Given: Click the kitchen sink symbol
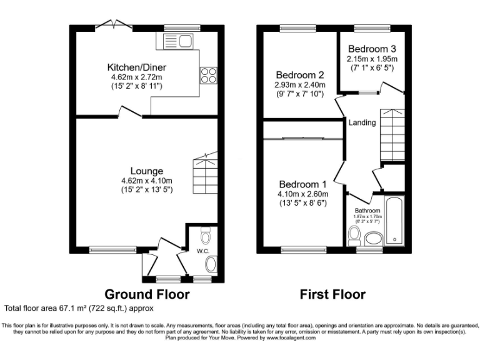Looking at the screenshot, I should (x=177, y=41).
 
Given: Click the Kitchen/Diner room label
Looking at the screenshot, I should (x=136, y=67).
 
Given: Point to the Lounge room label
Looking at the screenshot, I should (x=147, y=171).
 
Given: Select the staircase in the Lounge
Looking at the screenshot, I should (x=204, y=173).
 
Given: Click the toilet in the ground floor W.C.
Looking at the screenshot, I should (x=207, y=236).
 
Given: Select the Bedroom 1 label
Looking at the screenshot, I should (x=303, y=184).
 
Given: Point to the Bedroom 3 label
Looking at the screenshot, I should (x=372, y=49).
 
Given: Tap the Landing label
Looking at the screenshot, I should (x=362, y=122).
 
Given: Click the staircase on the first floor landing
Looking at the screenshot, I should (x=391, y=134).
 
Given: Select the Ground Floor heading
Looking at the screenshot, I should (x=146, y=294).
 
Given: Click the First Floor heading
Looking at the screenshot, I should (x=332, y=294).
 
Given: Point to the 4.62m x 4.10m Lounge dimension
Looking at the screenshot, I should (x=147, y=181).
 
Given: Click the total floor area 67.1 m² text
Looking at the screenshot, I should (x=79, y=308).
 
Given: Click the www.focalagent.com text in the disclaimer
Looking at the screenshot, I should (x=291, y=337).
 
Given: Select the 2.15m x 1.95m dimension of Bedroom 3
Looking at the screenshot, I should (x=372, y=59).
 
